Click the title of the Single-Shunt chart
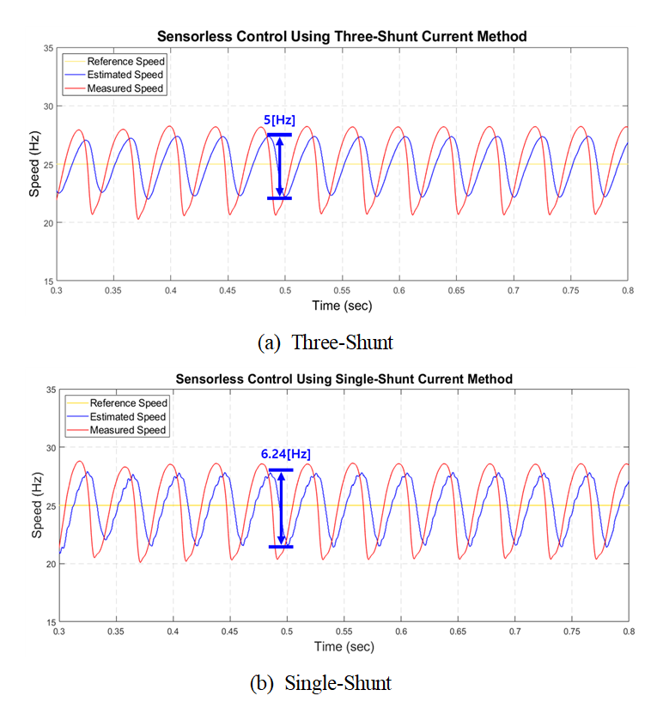pos(344,378)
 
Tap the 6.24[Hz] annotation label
pos(287,454)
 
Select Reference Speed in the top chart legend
pos(126,62)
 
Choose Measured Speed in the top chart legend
pos(126,88)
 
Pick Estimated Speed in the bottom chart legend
pos(129,416)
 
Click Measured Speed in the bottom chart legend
pos(129,430)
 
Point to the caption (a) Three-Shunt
pos(325,342)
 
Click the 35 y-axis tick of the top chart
pos(48,48)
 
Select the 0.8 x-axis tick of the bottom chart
pos(629,632)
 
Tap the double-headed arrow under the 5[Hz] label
pos(279,166)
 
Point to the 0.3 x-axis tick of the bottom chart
pos(59,632)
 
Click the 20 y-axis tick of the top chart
pos(48,223)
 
